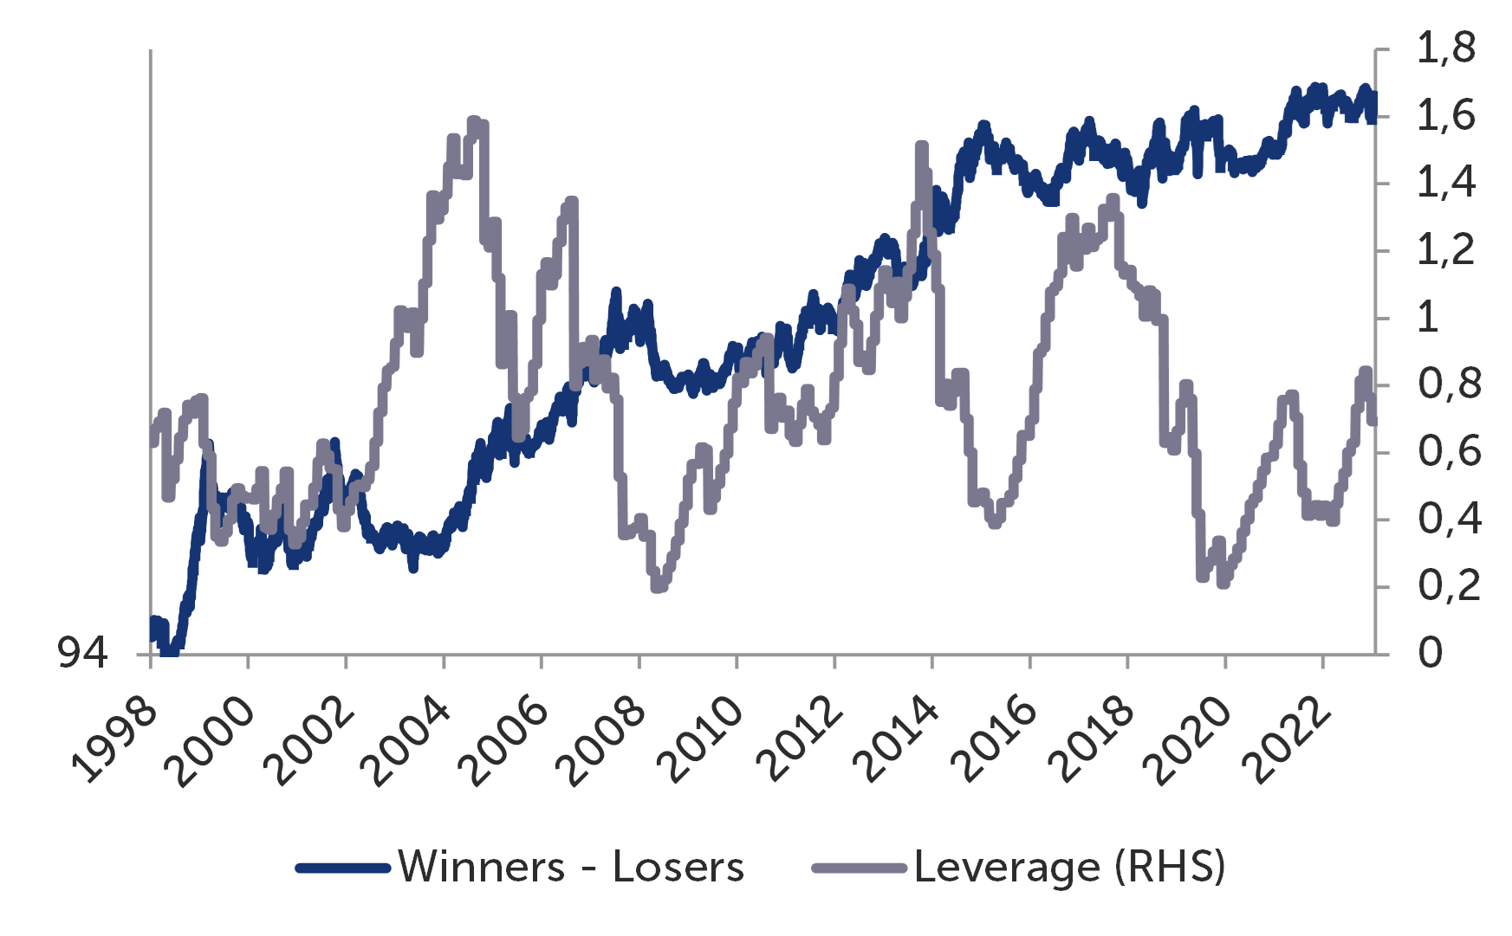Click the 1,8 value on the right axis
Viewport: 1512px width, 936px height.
(x=1445, y=48)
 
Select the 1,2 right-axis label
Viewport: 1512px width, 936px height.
(x=1445, y=251)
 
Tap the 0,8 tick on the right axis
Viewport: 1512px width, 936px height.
(x=1449, y=384)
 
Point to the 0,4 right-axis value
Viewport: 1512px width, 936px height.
(x=1449, y=520)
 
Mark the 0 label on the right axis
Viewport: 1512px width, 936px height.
(x=1431, y=653)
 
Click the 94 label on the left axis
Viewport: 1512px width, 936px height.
(x=83, y=653)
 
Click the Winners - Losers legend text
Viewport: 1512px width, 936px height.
(x=571, y=867)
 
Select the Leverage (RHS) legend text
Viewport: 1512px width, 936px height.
(x=1069, y=867)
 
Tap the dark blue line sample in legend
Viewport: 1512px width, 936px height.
(x=342, y=868)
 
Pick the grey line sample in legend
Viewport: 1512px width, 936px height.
(x=859, y=868)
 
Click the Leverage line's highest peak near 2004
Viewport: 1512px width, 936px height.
(x=474, y=122)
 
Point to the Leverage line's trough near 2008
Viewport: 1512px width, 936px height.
(x=657, y=587)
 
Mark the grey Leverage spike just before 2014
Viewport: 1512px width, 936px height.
(x=921, y=146)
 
